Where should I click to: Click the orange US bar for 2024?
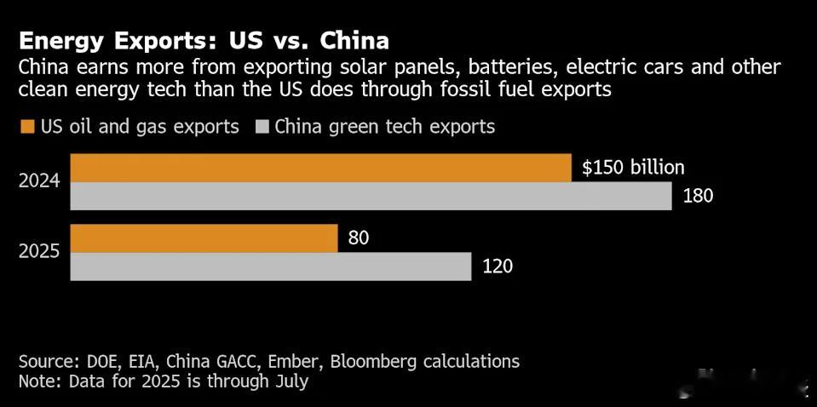pyautogui.click(x=320, y=168)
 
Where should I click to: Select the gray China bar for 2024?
pyautogui.click(x=371, y=197)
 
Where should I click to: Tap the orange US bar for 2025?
pyautogui.click(x=204, y=238)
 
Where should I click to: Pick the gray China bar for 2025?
pyautogui.click(x=270, y=267)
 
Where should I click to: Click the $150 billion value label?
pyautogui.click(x=633, y=168)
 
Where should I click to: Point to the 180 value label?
pyautogui.click(x=698, y=196)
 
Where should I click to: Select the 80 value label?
pyautogui.click(x=359, y=239)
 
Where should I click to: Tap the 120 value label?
pyautogui.click(x=498, y=267)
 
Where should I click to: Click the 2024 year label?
pyautogui.click(x=39, y=182)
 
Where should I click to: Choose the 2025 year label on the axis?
pyautogui.click(x=39, y=253)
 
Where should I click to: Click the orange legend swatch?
pyautogui.click(x=26, y=127)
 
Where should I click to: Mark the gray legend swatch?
pyautogui.click(x=261, y=127)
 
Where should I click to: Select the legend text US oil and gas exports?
pyautogui.click(x=140, y=127)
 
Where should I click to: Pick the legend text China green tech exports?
pyautogui.click(x=384, y=127)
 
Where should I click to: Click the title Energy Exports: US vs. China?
pyautogui.click(x=204, y=40)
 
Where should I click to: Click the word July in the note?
pyautogui.click(x=289, y=381)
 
